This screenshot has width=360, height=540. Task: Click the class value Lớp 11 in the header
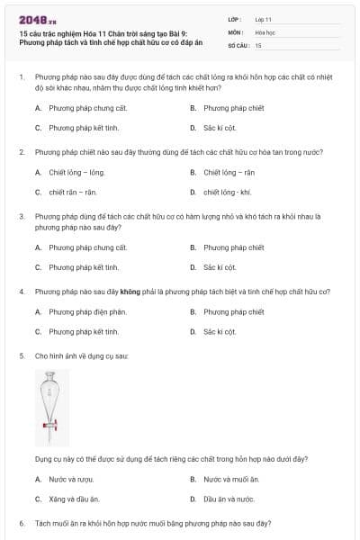(x=264, y=18)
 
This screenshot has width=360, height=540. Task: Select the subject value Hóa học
(x=265, y=31)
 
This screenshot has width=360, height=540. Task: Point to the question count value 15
(x=258, y=44)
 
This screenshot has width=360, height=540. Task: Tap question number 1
(x=21, y=78)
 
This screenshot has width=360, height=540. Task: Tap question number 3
(x=21, y=217)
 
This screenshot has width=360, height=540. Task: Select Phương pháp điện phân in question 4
(x=87, y=311)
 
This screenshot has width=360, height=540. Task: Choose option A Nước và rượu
(x=71, y=479)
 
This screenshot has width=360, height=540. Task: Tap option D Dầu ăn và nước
(x=229, y=499)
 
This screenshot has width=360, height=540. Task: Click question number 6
(x=21, y=523)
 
